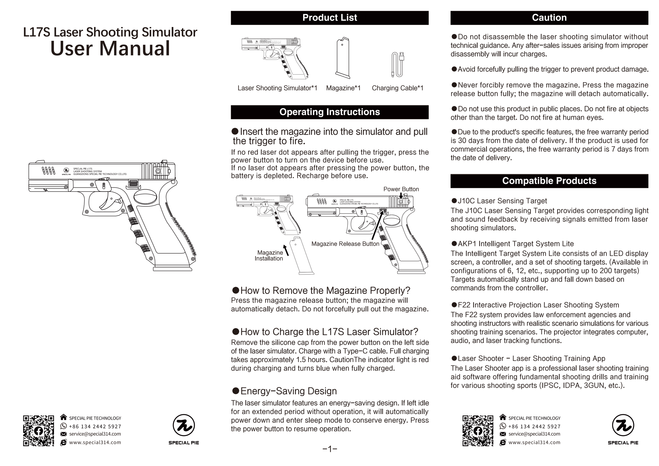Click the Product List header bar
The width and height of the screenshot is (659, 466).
coord(330,18)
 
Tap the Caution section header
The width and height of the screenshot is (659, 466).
coord(549,18)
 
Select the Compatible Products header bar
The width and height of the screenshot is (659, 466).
coord(549,181)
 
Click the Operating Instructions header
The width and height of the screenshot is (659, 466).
coord(330,112)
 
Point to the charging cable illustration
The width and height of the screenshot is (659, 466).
coord(397,65)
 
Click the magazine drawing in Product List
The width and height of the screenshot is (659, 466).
coord(343,58)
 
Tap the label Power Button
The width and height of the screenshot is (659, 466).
coord(401,189)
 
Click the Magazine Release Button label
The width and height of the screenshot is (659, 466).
coord(345,244)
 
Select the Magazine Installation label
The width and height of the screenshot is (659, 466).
coord(269,255)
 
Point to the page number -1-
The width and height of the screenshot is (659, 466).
coord(330,449)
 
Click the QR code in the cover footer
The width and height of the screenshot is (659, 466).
coord(38,431)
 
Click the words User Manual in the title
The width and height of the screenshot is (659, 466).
coord(110,49)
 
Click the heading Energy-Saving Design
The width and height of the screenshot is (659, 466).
coord(288,391)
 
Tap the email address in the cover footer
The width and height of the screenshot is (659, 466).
coord(95,434)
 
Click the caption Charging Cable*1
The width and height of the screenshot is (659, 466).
coord(397,88)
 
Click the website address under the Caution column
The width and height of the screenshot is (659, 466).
coord(534,443)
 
